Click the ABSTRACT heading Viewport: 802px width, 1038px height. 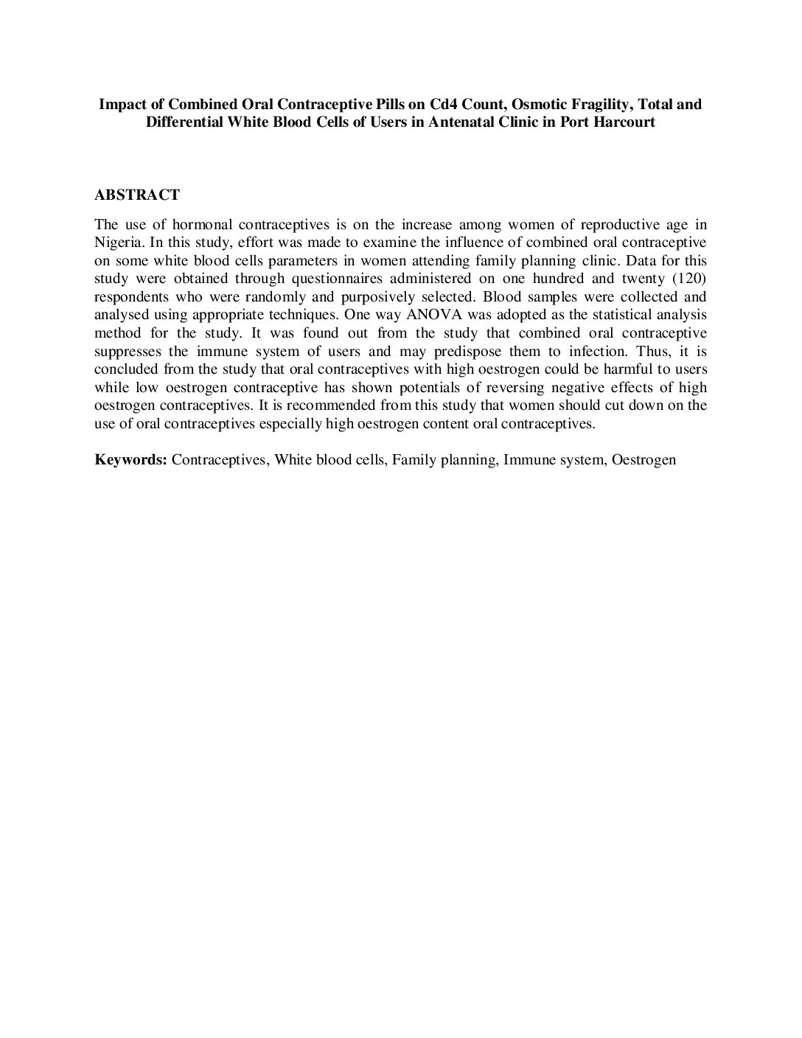[x=136, y=195]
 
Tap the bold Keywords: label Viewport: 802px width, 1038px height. [x=131, y=460]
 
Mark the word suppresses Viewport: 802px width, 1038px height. [x=130, y=351]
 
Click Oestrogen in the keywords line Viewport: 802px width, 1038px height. [x=644, y=460]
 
